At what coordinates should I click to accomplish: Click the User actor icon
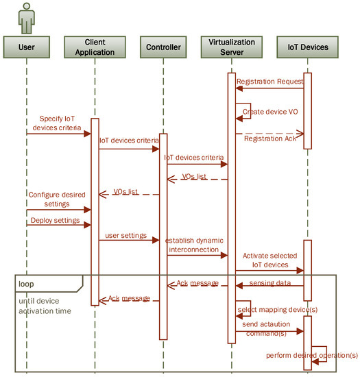point(26,17)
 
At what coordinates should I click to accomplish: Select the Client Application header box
point(95,47)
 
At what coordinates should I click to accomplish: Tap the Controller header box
point(163,47)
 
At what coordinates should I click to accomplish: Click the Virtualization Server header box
point(232,47)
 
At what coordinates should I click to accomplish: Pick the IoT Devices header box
point(307,47)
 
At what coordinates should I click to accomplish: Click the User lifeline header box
point(26,47)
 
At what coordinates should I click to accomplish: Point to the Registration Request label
point(269,82)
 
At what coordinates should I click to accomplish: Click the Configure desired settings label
point(58,199)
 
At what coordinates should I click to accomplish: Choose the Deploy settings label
point(54,221)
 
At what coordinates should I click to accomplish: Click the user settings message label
point(125,235)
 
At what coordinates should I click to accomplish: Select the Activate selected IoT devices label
point(268,259)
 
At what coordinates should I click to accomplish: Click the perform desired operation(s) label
point(313,354)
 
